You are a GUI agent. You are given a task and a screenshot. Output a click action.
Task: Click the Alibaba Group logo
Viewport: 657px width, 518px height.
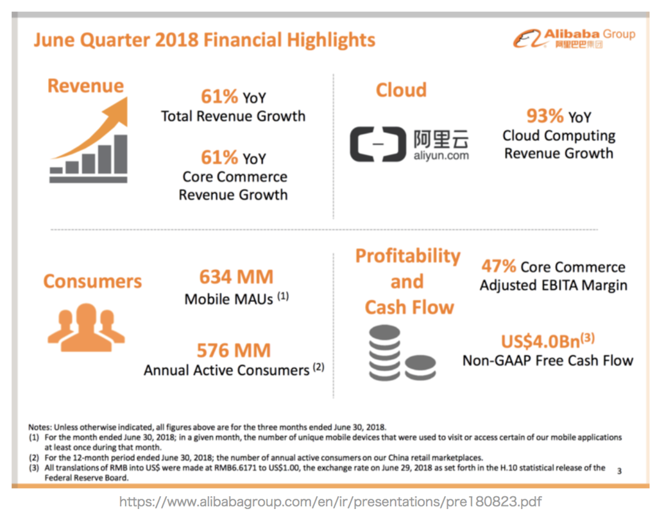pos(574,39)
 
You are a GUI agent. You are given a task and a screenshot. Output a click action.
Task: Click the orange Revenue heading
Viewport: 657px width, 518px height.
pos(85,86)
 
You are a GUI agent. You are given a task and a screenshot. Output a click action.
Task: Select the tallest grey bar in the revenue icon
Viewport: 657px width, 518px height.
pos(121,154)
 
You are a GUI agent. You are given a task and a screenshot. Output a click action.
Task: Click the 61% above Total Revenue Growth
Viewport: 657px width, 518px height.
pos(219,97)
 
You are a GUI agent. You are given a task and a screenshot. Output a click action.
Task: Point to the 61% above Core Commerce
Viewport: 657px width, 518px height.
pos(219,158)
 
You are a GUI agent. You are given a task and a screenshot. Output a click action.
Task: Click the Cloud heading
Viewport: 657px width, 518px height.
pos(401,90)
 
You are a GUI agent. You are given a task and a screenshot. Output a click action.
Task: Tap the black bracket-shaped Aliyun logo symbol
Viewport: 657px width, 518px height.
pos(378,144)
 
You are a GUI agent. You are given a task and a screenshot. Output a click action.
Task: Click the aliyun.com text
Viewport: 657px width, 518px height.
pos(441,156)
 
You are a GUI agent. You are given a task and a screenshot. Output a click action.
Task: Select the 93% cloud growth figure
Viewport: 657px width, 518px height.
pos(545,116)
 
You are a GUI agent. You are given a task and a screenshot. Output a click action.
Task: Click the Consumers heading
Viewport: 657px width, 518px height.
pos(92,281)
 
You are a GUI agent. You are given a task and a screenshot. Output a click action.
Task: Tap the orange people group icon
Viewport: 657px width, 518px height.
pos(87,327)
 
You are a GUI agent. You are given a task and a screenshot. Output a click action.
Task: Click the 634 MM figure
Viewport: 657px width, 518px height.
pos(236,277)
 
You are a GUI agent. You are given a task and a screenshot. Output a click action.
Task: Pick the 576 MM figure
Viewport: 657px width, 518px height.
pos(234,351)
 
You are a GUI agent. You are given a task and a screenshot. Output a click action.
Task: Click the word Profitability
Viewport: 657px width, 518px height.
pos(407,256)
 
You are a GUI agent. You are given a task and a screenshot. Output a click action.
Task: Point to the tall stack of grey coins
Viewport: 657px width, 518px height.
pos(385,353)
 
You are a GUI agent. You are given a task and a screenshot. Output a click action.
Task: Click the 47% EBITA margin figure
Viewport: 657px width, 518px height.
pos(498,266)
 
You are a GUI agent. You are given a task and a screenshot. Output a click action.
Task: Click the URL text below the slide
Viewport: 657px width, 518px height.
pos(330,502)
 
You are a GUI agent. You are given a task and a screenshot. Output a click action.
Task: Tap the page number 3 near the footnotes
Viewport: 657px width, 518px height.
pos(619,471)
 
